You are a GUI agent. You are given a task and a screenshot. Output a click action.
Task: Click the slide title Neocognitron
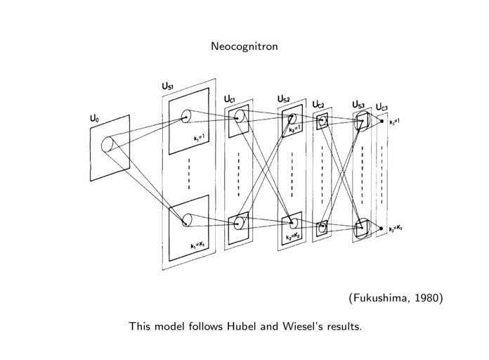[x=244, y=46]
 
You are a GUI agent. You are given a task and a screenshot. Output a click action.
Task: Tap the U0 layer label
[x=93, y=120]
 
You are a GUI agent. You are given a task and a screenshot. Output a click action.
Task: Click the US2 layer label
[x=284, y=99]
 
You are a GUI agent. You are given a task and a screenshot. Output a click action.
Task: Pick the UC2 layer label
[x=318, y=105]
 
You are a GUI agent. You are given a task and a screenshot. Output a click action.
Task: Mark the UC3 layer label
[x=382, y=107]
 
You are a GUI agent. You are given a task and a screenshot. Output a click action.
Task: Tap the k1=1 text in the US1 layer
[x=200, y=139]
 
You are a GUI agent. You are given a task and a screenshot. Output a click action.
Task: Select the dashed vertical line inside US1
[x=189, y=174]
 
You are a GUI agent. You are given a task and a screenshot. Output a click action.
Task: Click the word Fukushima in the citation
[x=379, y=298]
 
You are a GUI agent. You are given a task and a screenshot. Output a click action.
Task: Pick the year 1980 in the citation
[x=426, y=298]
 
